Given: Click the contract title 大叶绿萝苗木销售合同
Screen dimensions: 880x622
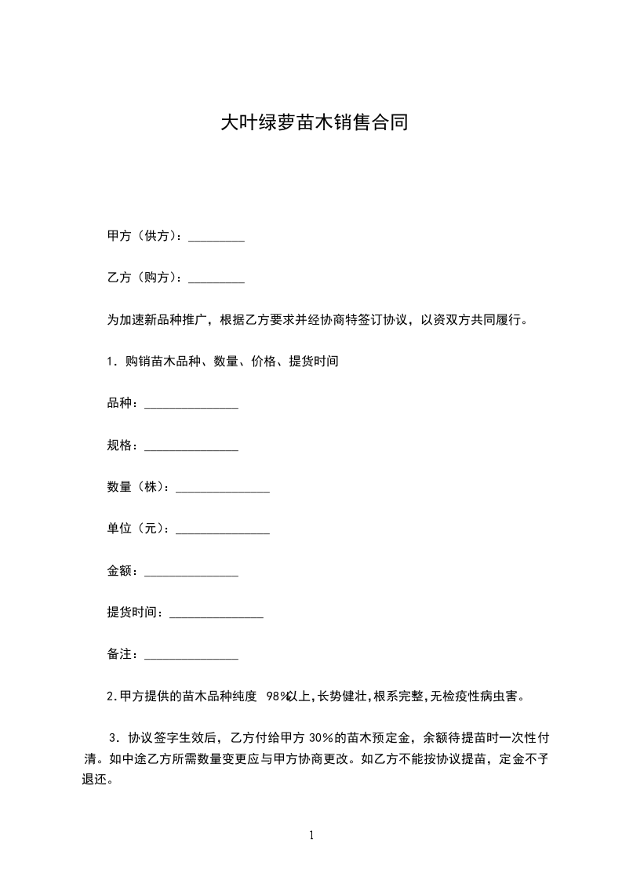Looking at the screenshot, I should point(314,123).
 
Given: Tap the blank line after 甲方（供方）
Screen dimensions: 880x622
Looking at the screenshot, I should point(216,238).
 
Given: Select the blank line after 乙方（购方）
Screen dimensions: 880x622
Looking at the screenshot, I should point(216,278).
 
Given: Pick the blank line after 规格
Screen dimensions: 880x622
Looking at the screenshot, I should point(191,447).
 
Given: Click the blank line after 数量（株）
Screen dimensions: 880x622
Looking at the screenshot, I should point(223,489).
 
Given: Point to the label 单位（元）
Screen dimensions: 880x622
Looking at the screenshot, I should point(138,529).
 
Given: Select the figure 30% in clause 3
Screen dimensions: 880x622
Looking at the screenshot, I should point(322,738).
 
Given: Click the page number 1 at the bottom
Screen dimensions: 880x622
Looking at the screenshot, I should point(311,836).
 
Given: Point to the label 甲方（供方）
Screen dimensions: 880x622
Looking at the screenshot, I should point(144,236).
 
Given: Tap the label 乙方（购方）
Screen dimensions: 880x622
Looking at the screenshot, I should point(144,278).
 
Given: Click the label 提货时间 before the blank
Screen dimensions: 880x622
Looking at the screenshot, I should point(134,613).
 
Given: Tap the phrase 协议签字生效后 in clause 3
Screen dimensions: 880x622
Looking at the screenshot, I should point(173,738).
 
